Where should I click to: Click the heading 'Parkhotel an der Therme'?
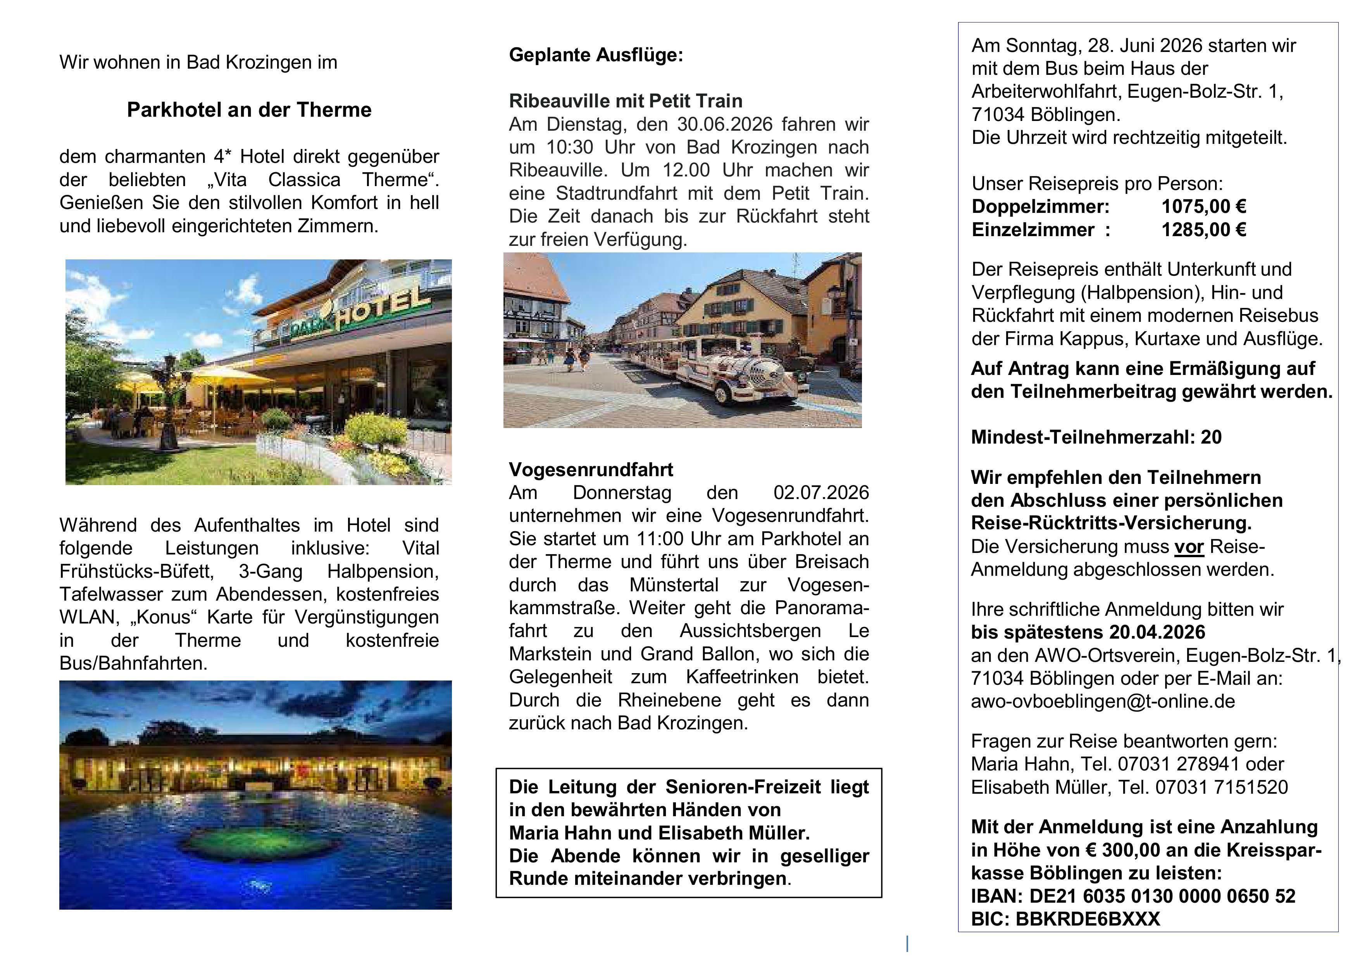249,110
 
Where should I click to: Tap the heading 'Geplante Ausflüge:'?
596,55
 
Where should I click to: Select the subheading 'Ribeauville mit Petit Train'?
626,101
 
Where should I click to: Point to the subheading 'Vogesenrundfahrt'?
591,470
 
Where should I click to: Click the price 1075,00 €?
1204,206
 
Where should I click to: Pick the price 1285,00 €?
1204,230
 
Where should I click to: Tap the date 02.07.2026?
821,492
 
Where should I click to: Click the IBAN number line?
1132,896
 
